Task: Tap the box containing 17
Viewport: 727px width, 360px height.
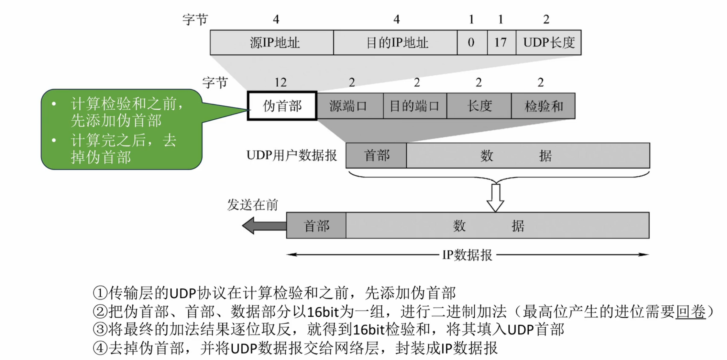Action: click(501, 42)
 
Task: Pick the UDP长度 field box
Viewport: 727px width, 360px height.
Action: click(548, 42)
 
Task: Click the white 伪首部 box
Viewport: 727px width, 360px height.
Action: click(282, 106)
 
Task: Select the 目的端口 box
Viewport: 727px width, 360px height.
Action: click(415, 106)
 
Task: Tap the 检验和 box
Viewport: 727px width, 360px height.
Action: click(543, 106)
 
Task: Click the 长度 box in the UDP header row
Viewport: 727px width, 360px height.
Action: click(479, 106)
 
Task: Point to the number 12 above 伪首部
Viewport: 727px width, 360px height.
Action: click(281, 82)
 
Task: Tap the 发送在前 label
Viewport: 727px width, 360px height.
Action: click(252, 205)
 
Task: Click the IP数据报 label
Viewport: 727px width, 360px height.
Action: click(467, 255)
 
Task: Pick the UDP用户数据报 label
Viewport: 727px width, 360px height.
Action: click(292, 155)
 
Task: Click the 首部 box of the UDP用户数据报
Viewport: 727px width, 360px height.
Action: click(376, 155)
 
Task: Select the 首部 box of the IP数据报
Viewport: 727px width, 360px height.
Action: click(316, 225)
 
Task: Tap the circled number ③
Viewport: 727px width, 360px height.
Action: click(100, 330)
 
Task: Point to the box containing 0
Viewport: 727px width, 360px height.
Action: click(472, 42)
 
